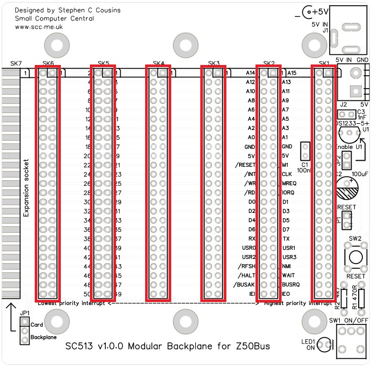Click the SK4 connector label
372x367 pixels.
[159, 63]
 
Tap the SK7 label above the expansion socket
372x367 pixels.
[16, 63]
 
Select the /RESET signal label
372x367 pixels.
[244, 165]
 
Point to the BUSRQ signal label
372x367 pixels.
[291, 285]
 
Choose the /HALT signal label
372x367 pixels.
[246, 275]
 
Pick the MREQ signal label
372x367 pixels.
[289, 183]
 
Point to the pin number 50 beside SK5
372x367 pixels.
[87, 294]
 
